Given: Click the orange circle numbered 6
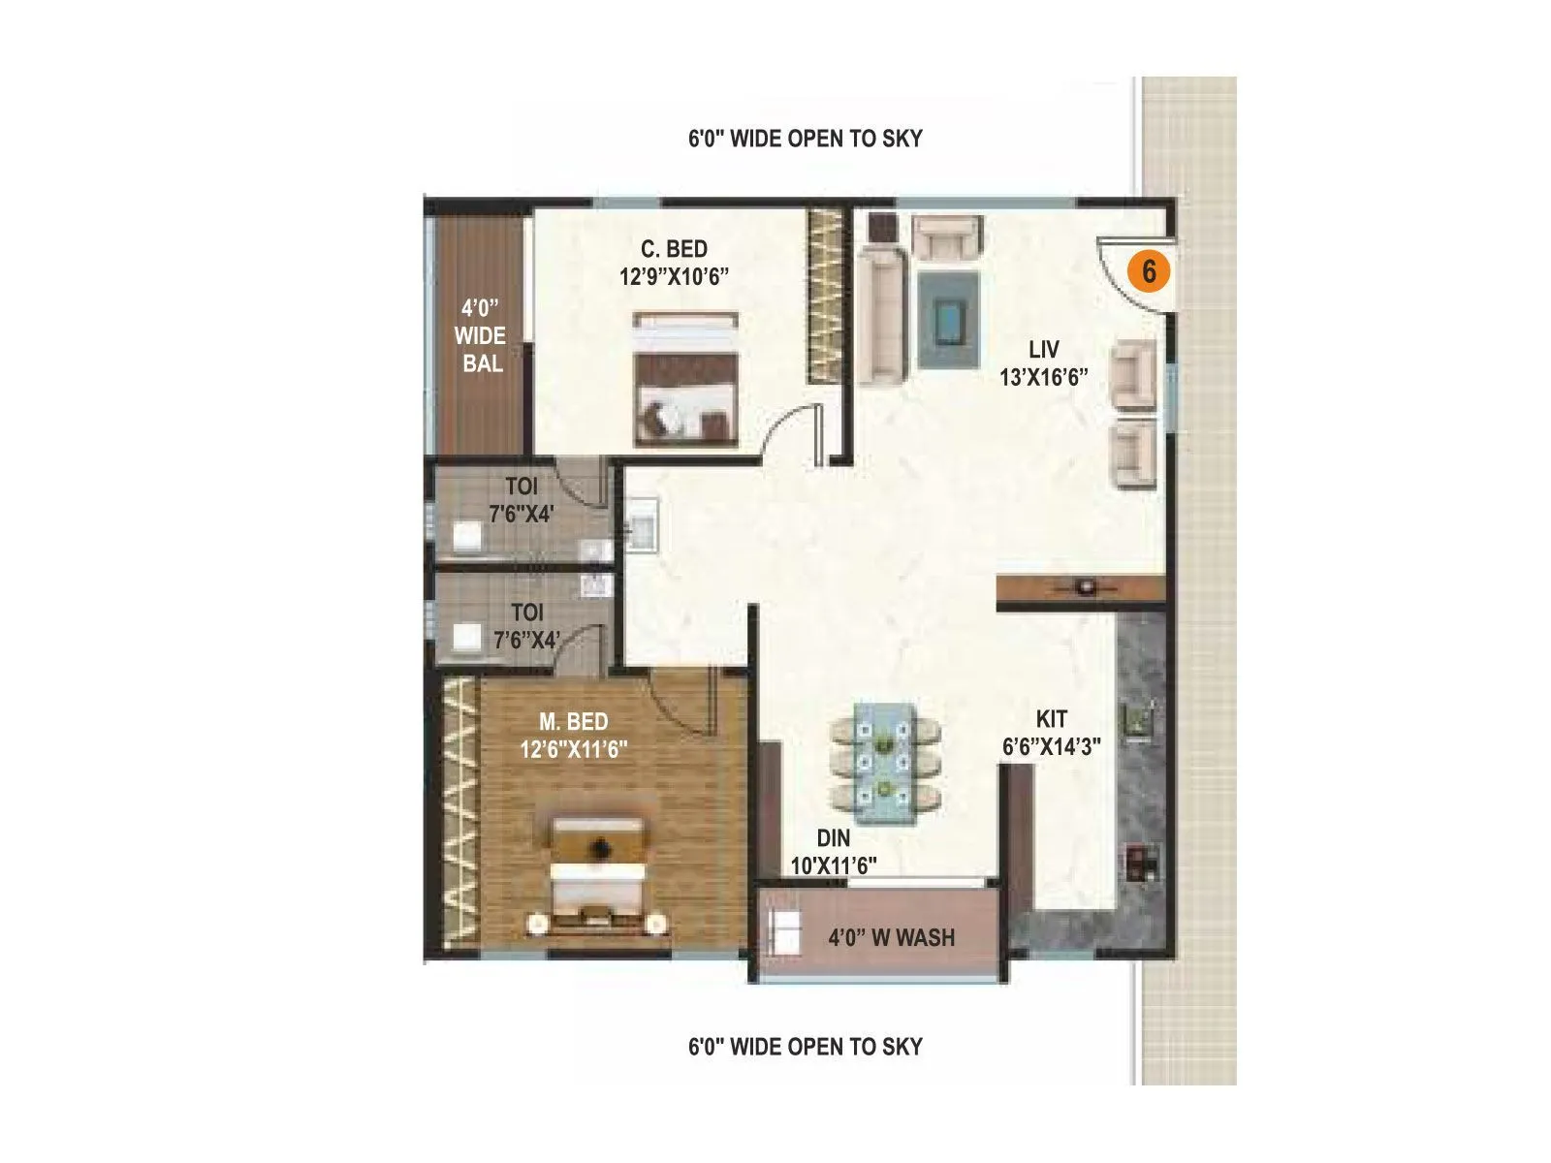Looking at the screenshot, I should click(x=1148, y=271).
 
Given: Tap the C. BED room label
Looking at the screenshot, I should click(x=674, y=263).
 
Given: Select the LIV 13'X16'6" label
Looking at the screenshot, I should click(x=1043, y=363).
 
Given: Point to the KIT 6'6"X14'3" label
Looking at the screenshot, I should click(x=1051, y=733).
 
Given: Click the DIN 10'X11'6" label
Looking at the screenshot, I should click(x=834, y=852).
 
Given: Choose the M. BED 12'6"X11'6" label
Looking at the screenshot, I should click(x=573, y=736).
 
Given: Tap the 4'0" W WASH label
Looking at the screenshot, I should click(x=891, y=937).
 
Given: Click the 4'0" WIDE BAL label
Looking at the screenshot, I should click(x=480, y=335).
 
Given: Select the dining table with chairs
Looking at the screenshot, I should click(x=884, y=763).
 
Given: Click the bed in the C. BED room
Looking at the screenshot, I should click(x=685, y=379).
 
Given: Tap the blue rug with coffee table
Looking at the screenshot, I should click(x=948, y=319).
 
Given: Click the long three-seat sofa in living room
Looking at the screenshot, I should click(x=881, y=315).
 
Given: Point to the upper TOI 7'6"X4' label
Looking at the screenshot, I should click(x=521, y=500).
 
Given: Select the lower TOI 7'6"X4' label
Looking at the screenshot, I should click(x=526, y=626).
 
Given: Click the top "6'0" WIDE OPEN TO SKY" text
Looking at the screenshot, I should click(x=805, y=139).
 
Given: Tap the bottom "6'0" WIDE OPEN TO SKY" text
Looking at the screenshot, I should click(x=805, y=1047).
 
